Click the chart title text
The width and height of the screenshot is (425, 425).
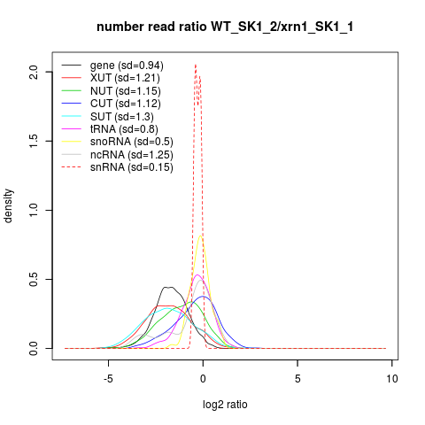pyautogui.click(x=225, y=27)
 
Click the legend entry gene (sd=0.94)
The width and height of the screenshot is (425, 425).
pyautogui.click(x=127, y=66)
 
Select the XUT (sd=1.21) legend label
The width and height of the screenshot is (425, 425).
pyautogui.click(x=125, y=78)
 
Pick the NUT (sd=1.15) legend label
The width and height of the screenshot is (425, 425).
pyautogui.click(x=126, y=91)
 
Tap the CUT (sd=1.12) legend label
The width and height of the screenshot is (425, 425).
pyautogui.click(x=126, y=104)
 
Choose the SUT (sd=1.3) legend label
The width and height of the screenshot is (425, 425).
pyautogui.click(x=122, y=117)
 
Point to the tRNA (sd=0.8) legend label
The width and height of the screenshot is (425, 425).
pyautogui.click(x=124, y=129)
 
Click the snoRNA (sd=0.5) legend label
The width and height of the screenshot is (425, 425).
pyautogui.click(x=132, y=142)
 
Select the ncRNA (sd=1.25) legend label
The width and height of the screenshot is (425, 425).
pyautogui.click(x=132, y=154)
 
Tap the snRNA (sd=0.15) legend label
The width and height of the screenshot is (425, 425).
pyautogui.click(x=132, y=167)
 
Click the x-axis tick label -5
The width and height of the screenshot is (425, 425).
pyautogui.click(x=108, y=379)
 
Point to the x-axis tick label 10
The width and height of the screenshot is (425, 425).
pyautogui.click(x=392, y=379)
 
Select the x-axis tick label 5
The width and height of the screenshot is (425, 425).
pyautogui.click(x=297, y=379)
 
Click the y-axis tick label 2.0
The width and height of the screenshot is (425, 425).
pyautogui.click(x=34, y=72)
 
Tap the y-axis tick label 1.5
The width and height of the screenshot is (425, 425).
pyautogui.click(x=34, y=141)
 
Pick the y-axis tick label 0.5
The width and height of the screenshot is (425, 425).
pyautogui.click(x=34, y=279)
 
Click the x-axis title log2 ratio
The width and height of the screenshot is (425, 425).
pyautogui.click(x=225, y=405)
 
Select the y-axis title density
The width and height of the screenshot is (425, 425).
pyautogui.click(x=8, y=206)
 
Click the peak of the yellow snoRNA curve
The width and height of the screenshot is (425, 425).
pyautogui.click(x=200, y=236)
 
